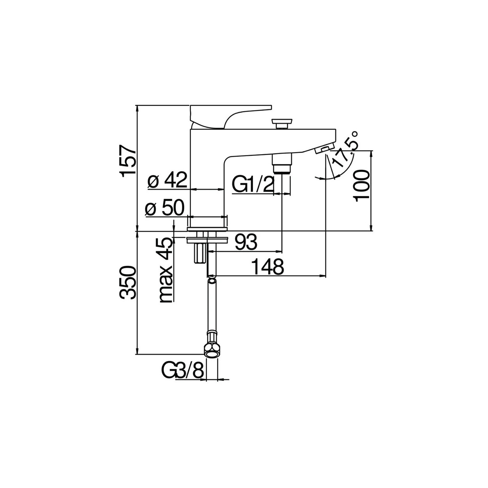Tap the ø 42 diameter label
167,180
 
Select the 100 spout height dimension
362,186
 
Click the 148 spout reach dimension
268,267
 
